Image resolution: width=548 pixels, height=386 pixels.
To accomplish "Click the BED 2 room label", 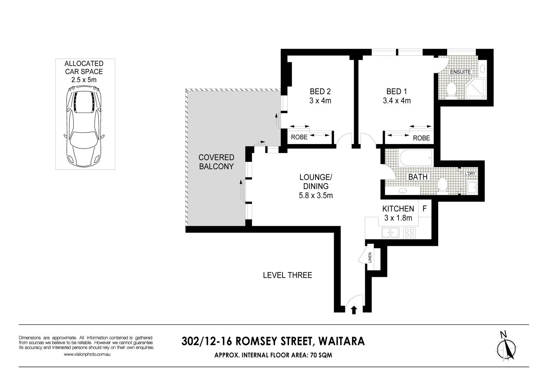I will click(320, 91).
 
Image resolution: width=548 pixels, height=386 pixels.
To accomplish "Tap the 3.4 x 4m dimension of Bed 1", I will click(396, 101).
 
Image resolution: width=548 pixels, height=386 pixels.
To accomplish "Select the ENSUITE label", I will click(460, 72).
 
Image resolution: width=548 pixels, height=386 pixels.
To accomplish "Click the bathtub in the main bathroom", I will click(416, 158).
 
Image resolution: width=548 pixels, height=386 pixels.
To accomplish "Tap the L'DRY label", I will click(470, 174).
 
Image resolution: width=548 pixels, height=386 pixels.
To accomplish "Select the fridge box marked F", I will click(425, 209).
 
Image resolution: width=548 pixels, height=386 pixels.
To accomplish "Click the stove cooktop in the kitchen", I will click(409, 233).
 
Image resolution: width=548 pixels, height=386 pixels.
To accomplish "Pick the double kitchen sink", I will click(390, 233).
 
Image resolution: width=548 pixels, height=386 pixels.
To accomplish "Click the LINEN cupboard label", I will click(370, 257).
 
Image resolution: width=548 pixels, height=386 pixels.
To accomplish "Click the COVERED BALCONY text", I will click(216, 162).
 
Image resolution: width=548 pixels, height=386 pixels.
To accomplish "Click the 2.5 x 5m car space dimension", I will click(84, 80).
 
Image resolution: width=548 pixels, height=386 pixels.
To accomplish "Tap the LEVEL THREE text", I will click(287, 275).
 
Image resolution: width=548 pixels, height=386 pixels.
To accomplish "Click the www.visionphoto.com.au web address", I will click(87, 355).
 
